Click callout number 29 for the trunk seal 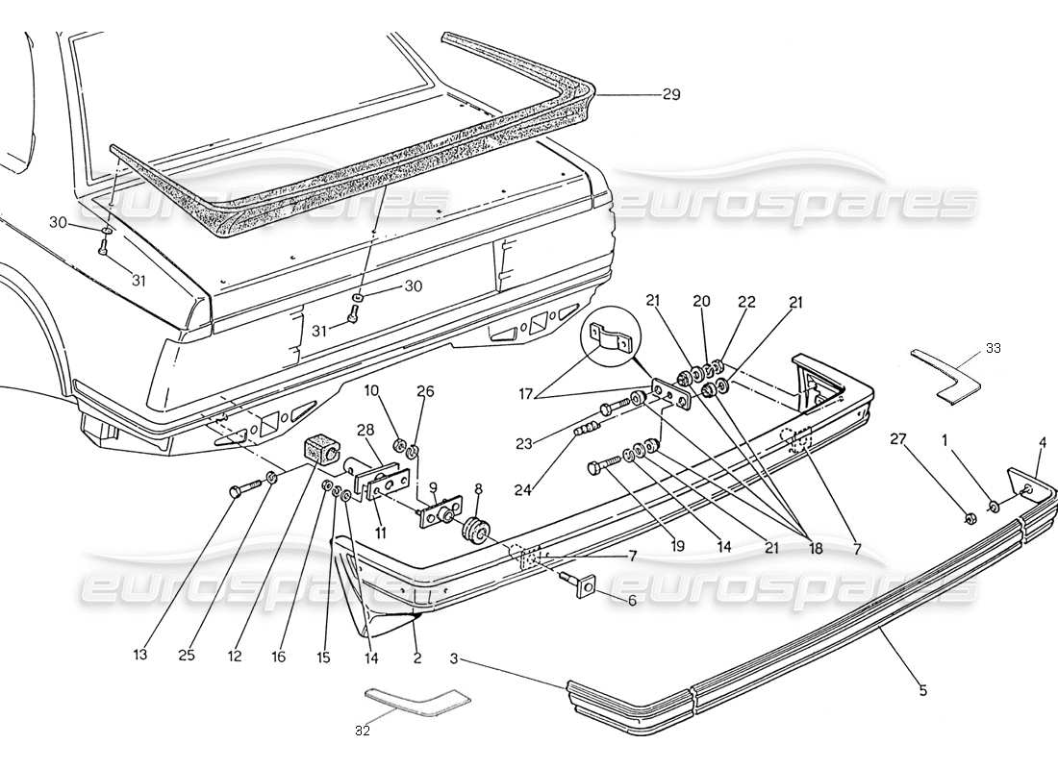coord(670,94)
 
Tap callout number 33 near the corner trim coord(993,347)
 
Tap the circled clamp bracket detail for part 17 coord(607,335)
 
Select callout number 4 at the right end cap coord(1042,443)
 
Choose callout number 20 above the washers coord(701,301)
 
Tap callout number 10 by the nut coord(372,390)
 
